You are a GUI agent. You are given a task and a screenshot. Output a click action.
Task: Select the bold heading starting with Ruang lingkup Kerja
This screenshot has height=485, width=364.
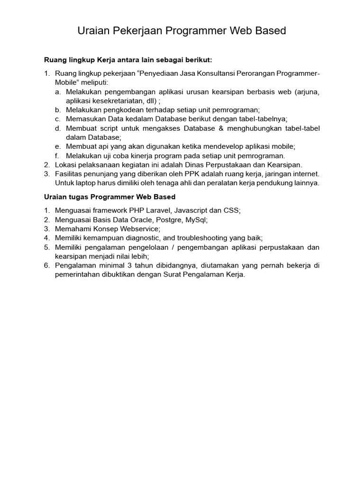(x=128, y=60)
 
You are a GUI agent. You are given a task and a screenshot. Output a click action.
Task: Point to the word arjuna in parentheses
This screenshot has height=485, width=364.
(x=306, y=92)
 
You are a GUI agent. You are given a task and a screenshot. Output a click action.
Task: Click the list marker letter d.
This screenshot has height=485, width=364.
(x=57, y=128)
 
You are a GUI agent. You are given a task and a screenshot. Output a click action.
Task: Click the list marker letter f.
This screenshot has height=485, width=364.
(x=57, y=155)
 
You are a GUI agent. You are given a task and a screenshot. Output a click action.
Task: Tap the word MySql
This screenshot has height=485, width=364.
(x=196, y=220)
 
